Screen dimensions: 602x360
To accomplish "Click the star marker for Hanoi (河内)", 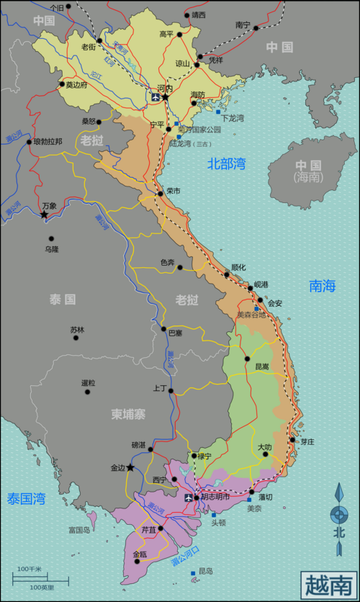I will pyautogui.click(x=165, y=96).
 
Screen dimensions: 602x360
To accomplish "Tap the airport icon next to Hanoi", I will pyautogui.click(x=153, y=96).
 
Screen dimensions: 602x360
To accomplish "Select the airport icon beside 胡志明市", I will pyautogui.click(x=189, y=498).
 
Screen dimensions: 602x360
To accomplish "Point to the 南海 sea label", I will pyautogui.click(x=323, y=286).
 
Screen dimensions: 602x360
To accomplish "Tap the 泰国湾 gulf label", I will pyautogui.click(x=27, y=498).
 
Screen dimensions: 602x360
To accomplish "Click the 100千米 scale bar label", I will pyautogui.click(x=30, y=570).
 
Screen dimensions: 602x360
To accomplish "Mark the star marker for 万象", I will pyautogui.click(x=44, y=215).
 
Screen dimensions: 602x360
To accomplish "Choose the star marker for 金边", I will pyautogui.click(x=130, y=467).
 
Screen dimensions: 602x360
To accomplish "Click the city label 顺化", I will pyautogui.click(x=238, y=266).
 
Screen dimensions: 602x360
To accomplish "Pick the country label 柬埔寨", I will pyautogui.click(x=130, y=414).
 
